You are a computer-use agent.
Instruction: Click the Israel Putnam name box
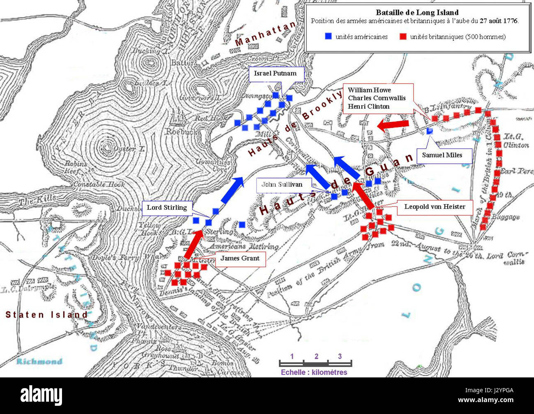pyautogui.click(x=276, y=74)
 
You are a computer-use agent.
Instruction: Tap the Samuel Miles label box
pyautogui.click(x=442, y=155)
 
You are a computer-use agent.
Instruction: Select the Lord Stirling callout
pyautogui.click(x=167, y=207)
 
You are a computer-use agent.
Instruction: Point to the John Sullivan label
pyautogui.click(x=282, y=184)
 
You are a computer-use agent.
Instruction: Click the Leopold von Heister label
pyautogui.click(x=435, y=207)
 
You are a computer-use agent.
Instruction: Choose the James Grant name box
pyautogui.click(x=240, y=258)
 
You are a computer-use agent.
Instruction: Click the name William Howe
pyautogui.click(x=369, y=90)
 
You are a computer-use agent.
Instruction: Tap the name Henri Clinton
pyautogui.click(x=368, y=106)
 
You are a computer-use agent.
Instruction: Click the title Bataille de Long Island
pyautogui.click(x=417, y=13)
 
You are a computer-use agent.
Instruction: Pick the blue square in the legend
pyautogui.click(x=328, y=37)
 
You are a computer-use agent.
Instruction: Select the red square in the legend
pyautogui.click(x=403, y=37)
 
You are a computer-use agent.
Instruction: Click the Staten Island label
pyautogui.click(x=46, y=315)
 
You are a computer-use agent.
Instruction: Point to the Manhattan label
pyautogui.click(x=265, y=34)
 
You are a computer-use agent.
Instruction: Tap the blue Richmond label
pyautogui.click(x=39, y=361)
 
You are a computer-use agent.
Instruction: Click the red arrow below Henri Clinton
pyautogui.click(x=393, y=125)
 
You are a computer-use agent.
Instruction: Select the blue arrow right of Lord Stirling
pyautogui.click(x=232, y=190)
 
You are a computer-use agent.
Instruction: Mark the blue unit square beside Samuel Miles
pyautogui.click(x=429, y=131)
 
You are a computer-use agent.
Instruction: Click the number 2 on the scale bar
pyautogui.click(x=316, y=356)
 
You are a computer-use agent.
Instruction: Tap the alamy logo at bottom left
pyautogui.click(x=41, y=395)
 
